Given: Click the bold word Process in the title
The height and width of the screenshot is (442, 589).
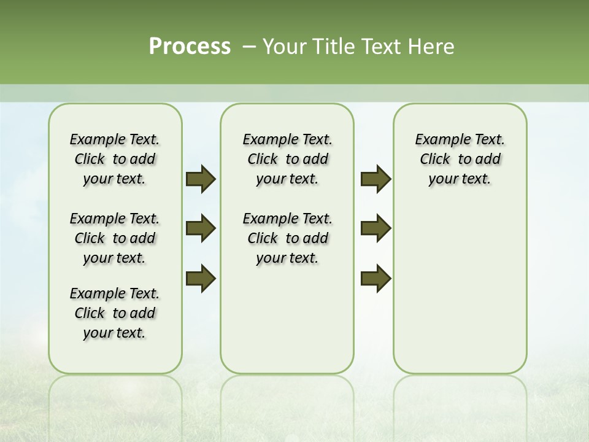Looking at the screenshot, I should (190, 47).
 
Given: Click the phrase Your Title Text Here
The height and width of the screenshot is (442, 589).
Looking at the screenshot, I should (358, 47).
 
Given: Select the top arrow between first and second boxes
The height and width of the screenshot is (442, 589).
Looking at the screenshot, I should (201, 179).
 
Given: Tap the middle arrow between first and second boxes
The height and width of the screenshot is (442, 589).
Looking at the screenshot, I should (201, 228).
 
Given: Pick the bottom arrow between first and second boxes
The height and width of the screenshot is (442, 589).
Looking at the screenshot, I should (201, 278).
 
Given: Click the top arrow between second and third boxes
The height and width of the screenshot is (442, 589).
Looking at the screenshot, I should (375, 179).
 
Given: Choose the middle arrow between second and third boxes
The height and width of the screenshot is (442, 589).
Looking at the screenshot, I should (375, 228).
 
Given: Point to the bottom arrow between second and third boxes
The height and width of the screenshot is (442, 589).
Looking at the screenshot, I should (375, 278).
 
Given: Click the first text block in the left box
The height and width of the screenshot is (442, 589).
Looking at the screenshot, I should (115, 159).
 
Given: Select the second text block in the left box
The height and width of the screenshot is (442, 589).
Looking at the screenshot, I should (115, 238).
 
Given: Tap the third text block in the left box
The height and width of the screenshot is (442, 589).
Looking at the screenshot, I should (115, 313).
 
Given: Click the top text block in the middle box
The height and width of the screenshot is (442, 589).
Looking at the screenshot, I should (287, 159).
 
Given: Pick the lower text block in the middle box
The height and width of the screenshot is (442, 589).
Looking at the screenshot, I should (287, 238).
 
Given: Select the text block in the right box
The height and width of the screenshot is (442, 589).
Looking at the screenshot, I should (460, 159).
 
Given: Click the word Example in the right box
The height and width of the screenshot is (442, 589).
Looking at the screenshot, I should (439, 140).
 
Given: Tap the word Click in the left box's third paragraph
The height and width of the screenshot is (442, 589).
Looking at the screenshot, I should (90, 313).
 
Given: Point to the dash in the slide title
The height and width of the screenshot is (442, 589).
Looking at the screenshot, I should (249, 47).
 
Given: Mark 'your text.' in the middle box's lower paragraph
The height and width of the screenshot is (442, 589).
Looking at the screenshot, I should (287, 258).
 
